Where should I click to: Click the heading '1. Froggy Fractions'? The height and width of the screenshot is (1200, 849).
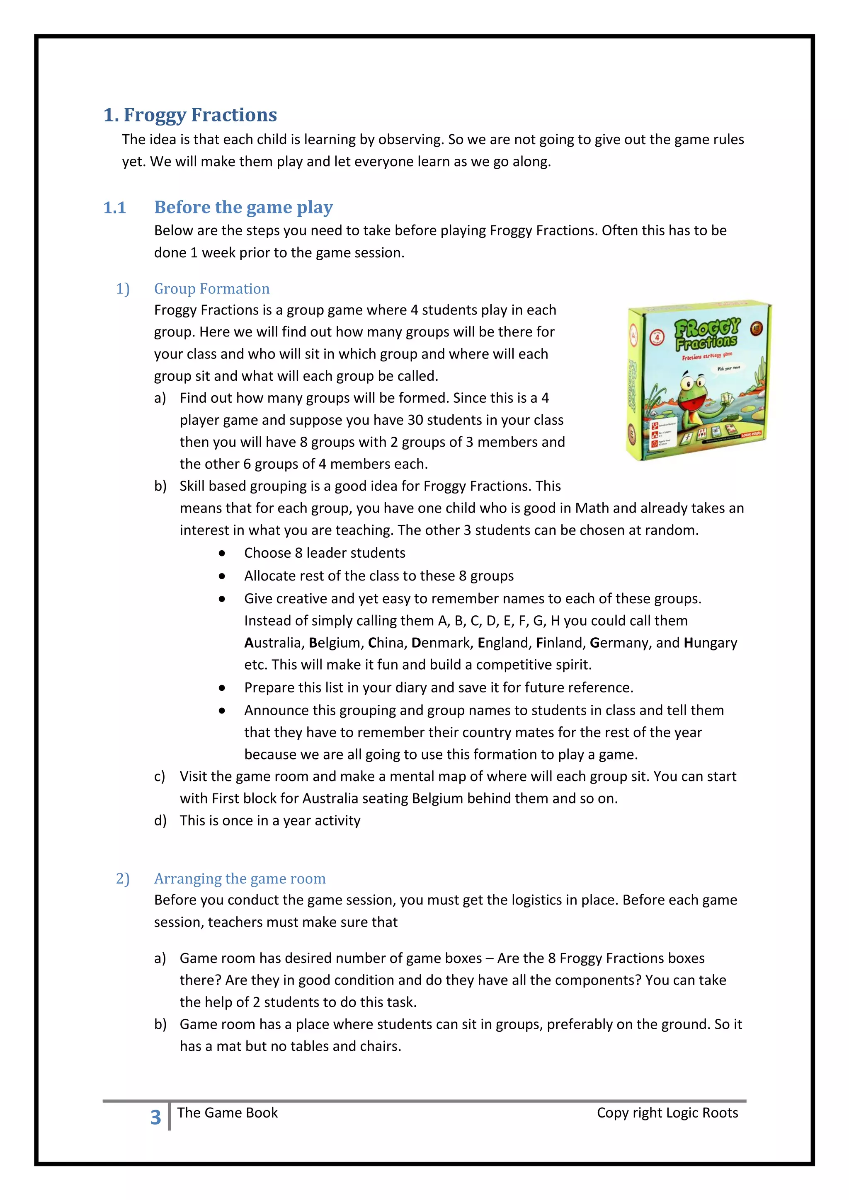190,115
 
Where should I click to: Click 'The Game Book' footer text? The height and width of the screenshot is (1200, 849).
228,1113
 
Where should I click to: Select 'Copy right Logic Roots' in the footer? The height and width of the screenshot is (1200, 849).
667,1113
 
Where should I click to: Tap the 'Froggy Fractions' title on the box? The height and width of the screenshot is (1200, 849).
706,334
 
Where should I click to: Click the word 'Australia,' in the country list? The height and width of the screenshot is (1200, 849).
274,643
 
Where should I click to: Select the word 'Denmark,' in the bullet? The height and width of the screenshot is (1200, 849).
442,643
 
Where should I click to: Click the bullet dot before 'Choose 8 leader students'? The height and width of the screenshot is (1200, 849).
222,554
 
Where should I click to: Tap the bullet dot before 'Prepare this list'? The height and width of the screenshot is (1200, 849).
222,688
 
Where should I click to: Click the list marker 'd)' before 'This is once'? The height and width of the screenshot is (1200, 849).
160,820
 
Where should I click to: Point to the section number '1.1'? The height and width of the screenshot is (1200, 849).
115,208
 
